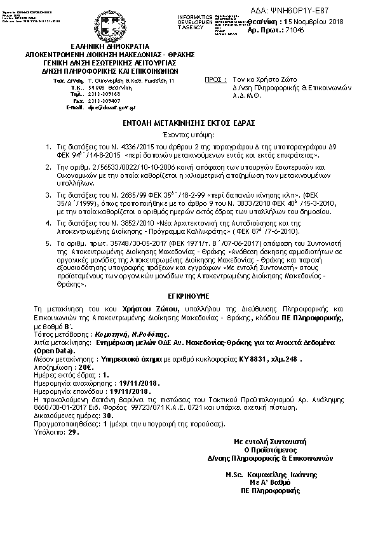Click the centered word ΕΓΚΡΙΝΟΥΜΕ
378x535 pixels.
click(x=189, y=296)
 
